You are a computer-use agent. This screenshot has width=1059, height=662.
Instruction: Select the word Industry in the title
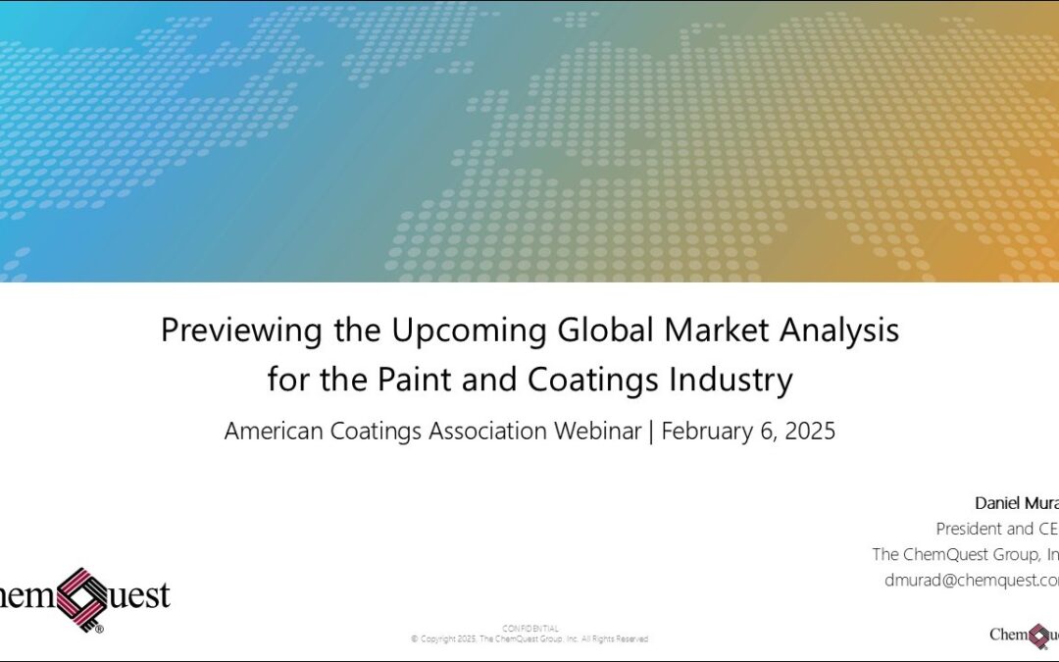(731, 379)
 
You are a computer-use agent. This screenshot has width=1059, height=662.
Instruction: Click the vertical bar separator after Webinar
(651, 432)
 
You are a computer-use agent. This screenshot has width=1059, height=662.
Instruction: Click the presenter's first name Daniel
(997, 503)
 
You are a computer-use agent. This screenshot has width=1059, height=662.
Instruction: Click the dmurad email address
(971, 580)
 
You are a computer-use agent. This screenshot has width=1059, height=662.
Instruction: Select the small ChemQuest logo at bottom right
(1024, 635)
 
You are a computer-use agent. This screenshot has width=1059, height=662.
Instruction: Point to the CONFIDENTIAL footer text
(530, 628)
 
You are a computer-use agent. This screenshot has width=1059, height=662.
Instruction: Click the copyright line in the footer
(529, 639)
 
